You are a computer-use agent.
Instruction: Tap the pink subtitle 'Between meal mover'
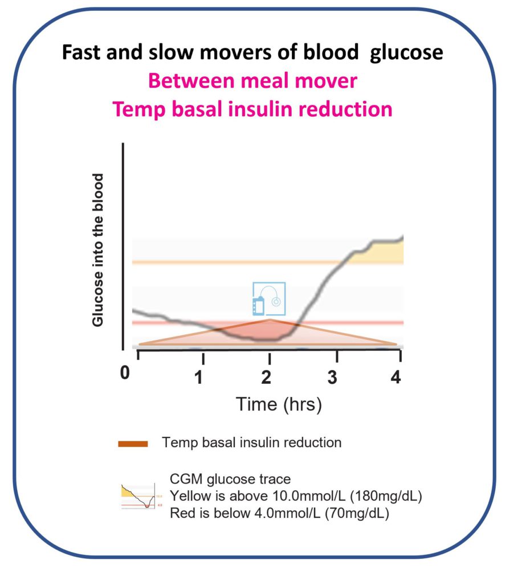(x=252, y=81)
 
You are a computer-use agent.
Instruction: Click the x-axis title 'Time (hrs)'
(x=279, y=404)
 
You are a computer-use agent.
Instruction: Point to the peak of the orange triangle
(x=270, y=320)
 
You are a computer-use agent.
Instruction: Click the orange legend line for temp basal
(x=133, y=443)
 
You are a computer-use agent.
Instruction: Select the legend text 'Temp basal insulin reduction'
(x=251, y=443)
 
